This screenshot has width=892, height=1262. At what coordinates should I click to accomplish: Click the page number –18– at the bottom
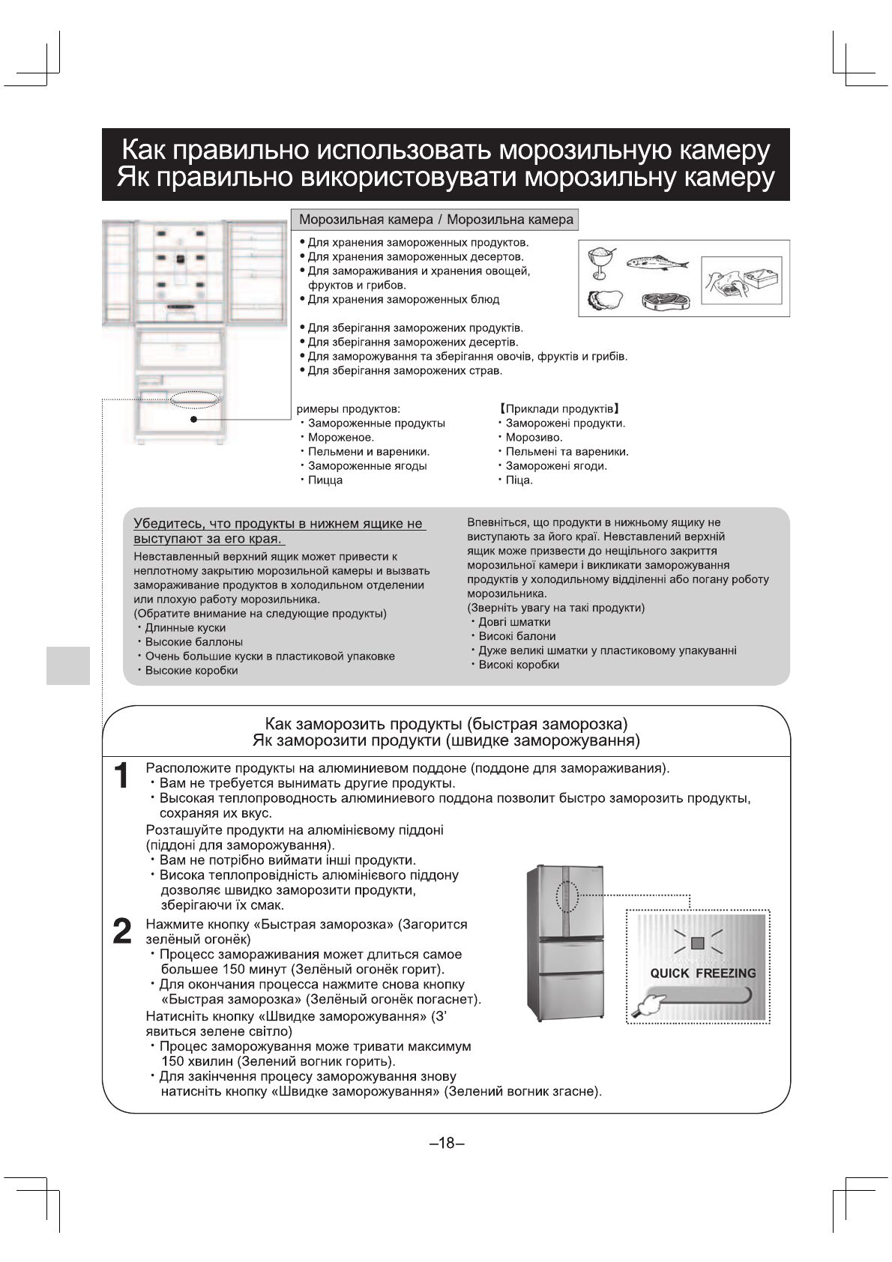[x=447, y=1143]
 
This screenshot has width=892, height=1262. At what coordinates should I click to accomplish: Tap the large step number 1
[x=121, y=776]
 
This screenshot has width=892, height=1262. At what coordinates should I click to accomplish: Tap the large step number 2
[x=121, y=931]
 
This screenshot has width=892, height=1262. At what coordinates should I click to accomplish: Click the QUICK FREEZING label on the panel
[x=702, y=973]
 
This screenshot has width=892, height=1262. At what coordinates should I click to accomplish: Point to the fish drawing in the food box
[x=657, y=262]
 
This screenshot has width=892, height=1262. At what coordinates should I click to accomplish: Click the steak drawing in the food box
[x=665, y=301]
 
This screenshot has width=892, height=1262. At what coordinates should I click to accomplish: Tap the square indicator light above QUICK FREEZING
[x=698, y=944]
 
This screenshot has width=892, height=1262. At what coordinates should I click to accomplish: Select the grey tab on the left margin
[x=68, y=665]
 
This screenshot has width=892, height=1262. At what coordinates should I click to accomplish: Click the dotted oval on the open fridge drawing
[x=195, y=399]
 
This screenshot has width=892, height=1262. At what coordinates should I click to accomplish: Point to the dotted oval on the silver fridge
[x=569, y=896]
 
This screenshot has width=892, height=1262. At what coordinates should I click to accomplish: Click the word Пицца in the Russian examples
[x=325, y=480]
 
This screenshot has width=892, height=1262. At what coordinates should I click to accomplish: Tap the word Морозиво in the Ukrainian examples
[x=533, y=437]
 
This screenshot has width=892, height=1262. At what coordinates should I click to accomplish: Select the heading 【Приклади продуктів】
[x=558, y=408]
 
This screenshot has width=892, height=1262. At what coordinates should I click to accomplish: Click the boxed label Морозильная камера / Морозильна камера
[x=436, y=220]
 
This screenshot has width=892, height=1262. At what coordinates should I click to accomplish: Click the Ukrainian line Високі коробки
[x=519, y=664]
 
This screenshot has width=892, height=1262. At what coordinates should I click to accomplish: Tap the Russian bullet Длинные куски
[x=185, y=627]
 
